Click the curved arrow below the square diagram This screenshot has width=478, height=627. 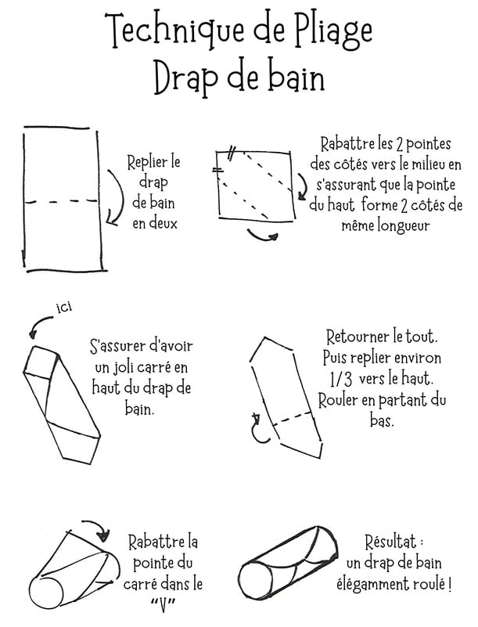(263, 235)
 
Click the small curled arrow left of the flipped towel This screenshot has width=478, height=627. (256, 427)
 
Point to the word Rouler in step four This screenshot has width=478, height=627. (339, 401)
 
